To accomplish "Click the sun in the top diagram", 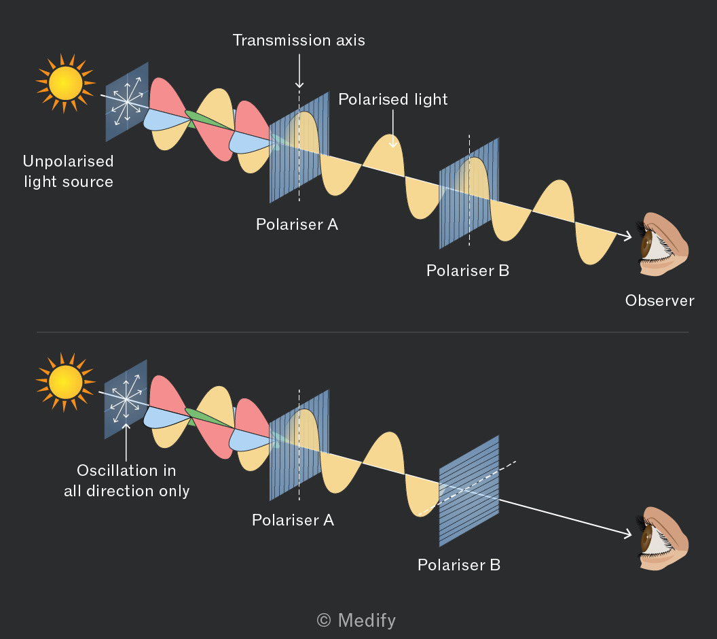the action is point(65,84).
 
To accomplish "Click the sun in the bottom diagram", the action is point(65,382).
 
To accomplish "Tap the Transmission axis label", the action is point(299,40).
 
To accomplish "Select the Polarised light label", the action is point(393,99).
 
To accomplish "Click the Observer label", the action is point(659,300).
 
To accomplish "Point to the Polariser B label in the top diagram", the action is point(468,271).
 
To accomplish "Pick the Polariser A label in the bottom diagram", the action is point(293,520).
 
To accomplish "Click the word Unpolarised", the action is point(68,161).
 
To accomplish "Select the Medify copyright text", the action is point(356,621).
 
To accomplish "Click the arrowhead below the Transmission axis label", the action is point(299,84).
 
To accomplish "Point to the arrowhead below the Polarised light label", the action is point(393,144).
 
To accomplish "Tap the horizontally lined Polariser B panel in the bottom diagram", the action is point(469,491).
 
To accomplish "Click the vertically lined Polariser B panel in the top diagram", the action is point(469,192).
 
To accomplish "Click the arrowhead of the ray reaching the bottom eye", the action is point(627,533).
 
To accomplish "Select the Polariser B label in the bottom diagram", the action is point(459,565).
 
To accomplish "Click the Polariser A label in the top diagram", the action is point(297,224).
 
